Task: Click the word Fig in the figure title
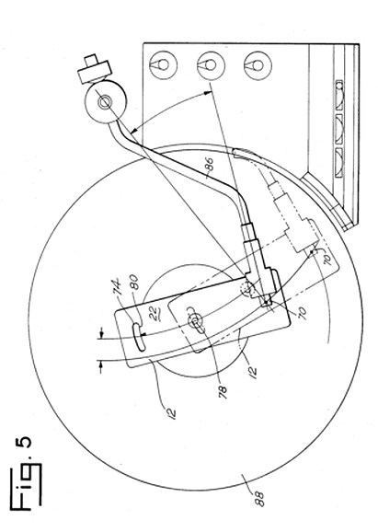[x=26, y=485]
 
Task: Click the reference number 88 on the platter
[x=259, y=498]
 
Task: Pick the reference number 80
[x=134, y=283]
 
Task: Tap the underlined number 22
[x=152, y=307]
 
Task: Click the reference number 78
[x=222, y=393]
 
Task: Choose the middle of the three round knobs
[x=211, y=65]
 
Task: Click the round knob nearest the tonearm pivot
[x=164, y=64]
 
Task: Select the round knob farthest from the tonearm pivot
[x=258, y=65]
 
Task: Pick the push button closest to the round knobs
[x=339, y=95]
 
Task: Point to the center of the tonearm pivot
[x=104, y=102]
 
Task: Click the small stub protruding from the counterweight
[x=90, y=61]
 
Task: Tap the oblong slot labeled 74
[x=139, y=337]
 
